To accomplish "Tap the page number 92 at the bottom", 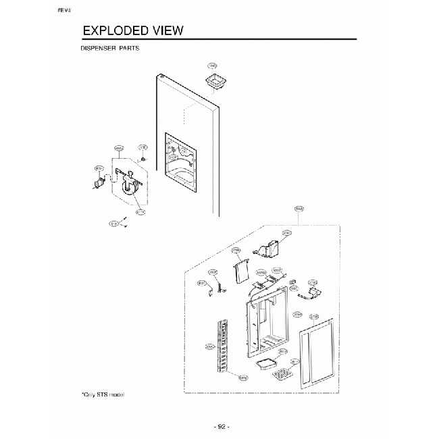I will (x=220, y=427).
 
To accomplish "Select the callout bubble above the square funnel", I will (x=212, y=66).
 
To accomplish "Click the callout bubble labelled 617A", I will (x=140, y=211).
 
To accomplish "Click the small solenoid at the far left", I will (x=99, y=182).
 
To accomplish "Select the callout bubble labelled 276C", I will (x=286, y=233).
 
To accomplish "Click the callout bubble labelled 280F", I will (x=212, y=272).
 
